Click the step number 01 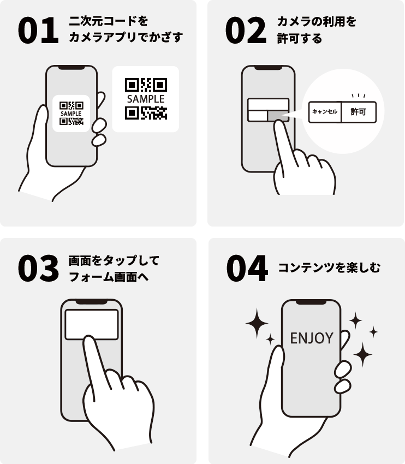38,31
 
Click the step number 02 245,31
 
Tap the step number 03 38,269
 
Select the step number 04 247,269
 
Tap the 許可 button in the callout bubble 359,112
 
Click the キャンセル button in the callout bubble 325,112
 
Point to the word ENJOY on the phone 311,338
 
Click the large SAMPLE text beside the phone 145,99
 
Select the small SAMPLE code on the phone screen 71,114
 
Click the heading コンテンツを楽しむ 329,268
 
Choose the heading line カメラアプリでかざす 126,38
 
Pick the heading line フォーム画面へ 109,277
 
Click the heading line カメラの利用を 317,22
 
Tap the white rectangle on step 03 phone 91,324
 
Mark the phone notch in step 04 311,302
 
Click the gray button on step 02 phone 278,115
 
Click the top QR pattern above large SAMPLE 145,85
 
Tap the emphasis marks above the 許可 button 358,96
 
